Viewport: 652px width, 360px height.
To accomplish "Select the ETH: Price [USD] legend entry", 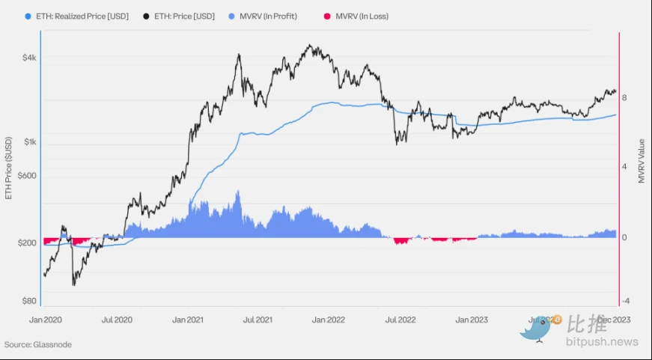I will [x=189, y=16].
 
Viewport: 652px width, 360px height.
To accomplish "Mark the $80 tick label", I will [x=28, y=301].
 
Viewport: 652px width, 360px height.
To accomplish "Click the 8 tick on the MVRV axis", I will [x=624, y=98].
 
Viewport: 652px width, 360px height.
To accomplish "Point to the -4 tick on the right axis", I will [x=625, y=301].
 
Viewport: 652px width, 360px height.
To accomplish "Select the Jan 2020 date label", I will [x=45, y=320].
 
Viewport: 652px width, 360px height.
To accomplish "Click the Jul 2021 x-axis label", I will [x=258, y=320].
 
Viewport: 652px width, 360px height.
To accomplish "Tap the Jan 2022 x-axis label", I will [x=329, y=320].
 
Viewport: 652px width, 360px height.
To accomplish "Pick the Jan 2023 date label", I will [x=471, y=320].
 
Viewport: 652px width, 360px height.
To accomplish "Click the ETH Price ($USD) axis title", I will [x=9, y=168].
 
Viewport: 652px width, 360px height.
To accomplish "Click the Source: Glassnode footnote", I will [x=38, y=345].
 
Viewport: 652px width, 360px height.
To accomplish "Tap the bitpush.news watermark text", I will [x=602, y=342].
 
